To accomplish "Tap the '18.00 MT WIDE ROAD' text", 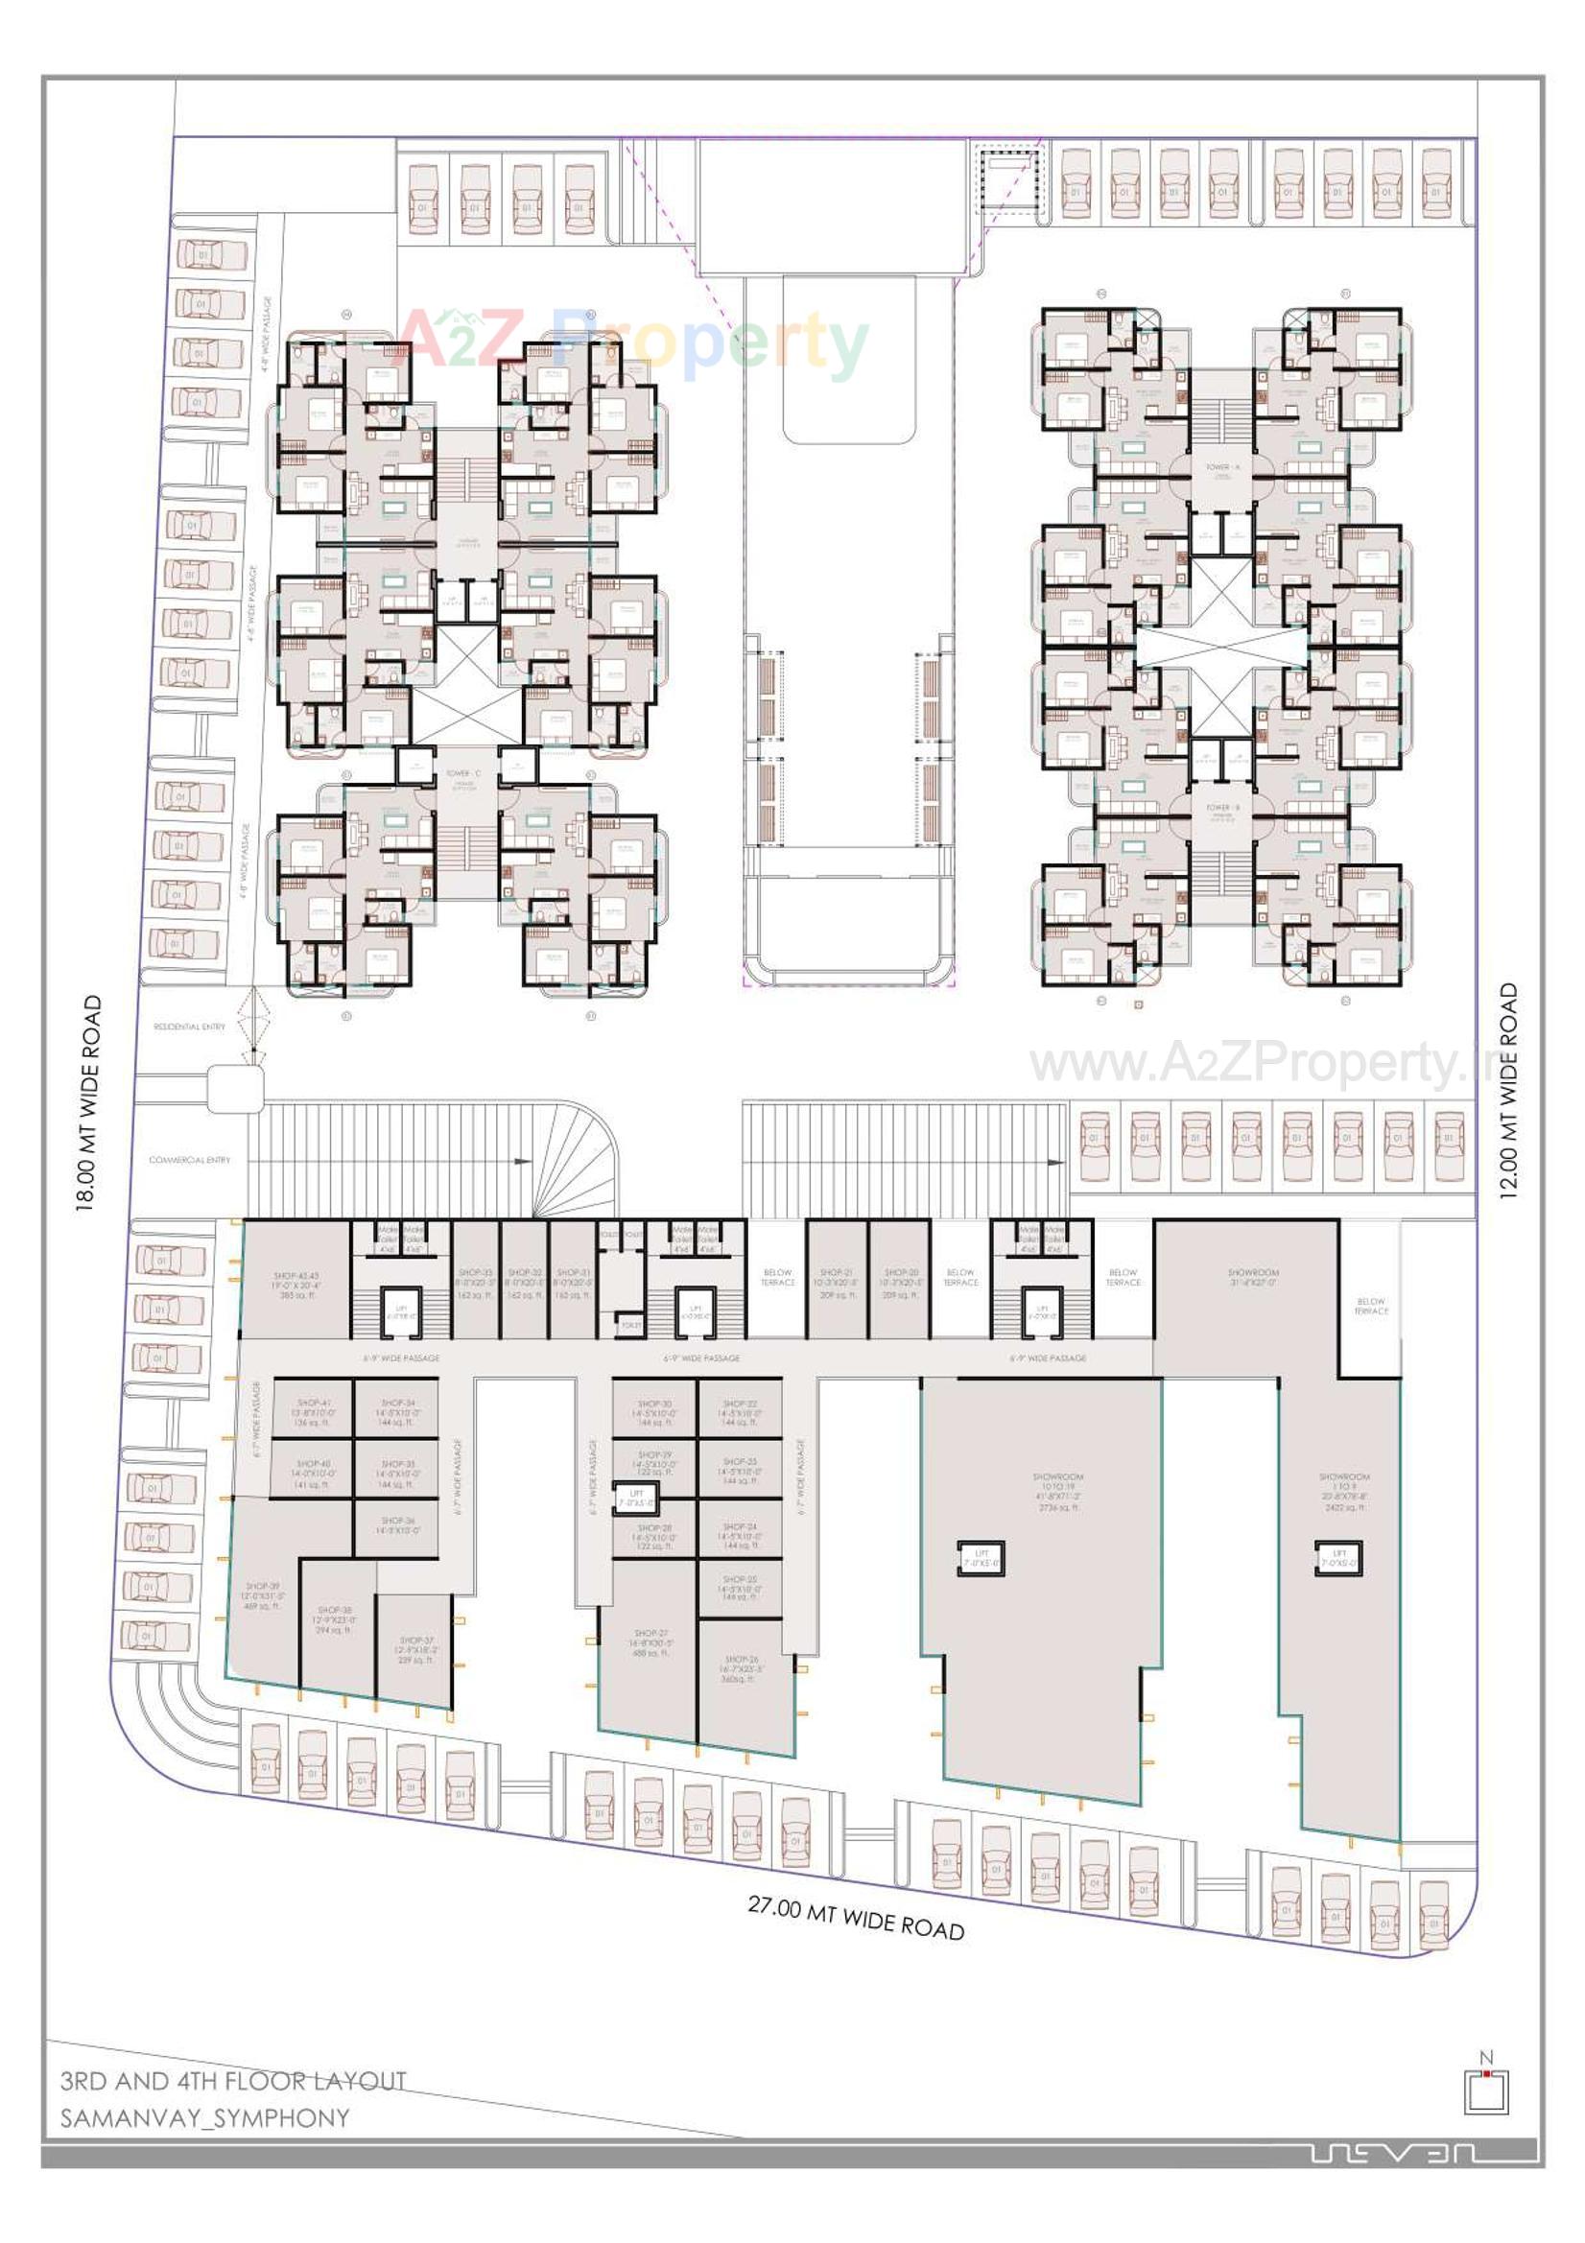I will point(89,1103).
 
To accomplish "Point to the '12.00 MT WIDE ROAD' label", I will point(1509,1090).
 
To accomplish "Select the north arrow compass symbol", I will point(1486,2089).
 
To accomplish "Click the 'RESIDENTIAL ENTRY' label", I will point(189,1027).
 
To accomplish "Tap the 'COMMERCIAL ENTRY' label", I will point(190,1160).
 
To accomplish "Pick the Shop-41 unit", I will point(314,1411).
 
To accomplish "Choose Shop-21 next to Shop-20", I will point(836,1283).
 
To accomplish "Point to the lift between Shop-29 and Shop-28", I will point(636,1498).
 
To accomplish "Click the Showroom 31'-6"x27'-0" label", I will point(1253,1277).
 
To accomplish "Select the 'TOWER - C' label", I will point(462,772).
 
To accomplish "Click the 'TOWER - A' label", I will point(1221,467).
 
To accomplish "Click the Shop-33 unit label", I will point(475,1283).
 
